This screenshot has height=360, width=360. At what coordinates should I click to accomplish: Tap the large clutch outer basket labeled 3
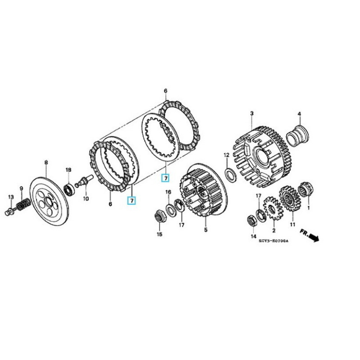263,153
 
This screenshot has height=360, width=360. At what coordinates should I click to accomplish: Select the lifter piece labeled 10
85,182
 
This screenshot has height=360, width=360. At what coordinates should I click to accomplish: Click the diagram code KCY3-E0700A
273,241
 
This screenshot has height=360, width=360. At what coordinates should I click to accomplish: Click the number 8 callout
45,162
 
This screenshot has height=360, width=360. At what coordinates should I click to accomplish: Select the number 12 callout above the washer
227,155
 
